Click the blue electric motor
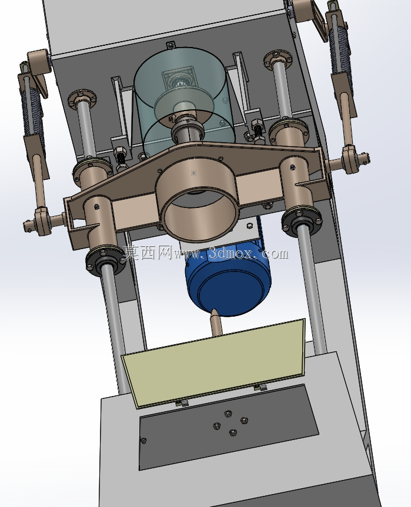(x=228, y=281)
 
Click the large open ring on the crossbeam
(x=198, y=200)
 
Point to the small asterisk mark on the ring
(x=193, y=173)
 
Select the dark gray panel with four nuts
(x=228, y=427)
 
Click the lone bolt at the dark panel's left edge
(x=143, y=440)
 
